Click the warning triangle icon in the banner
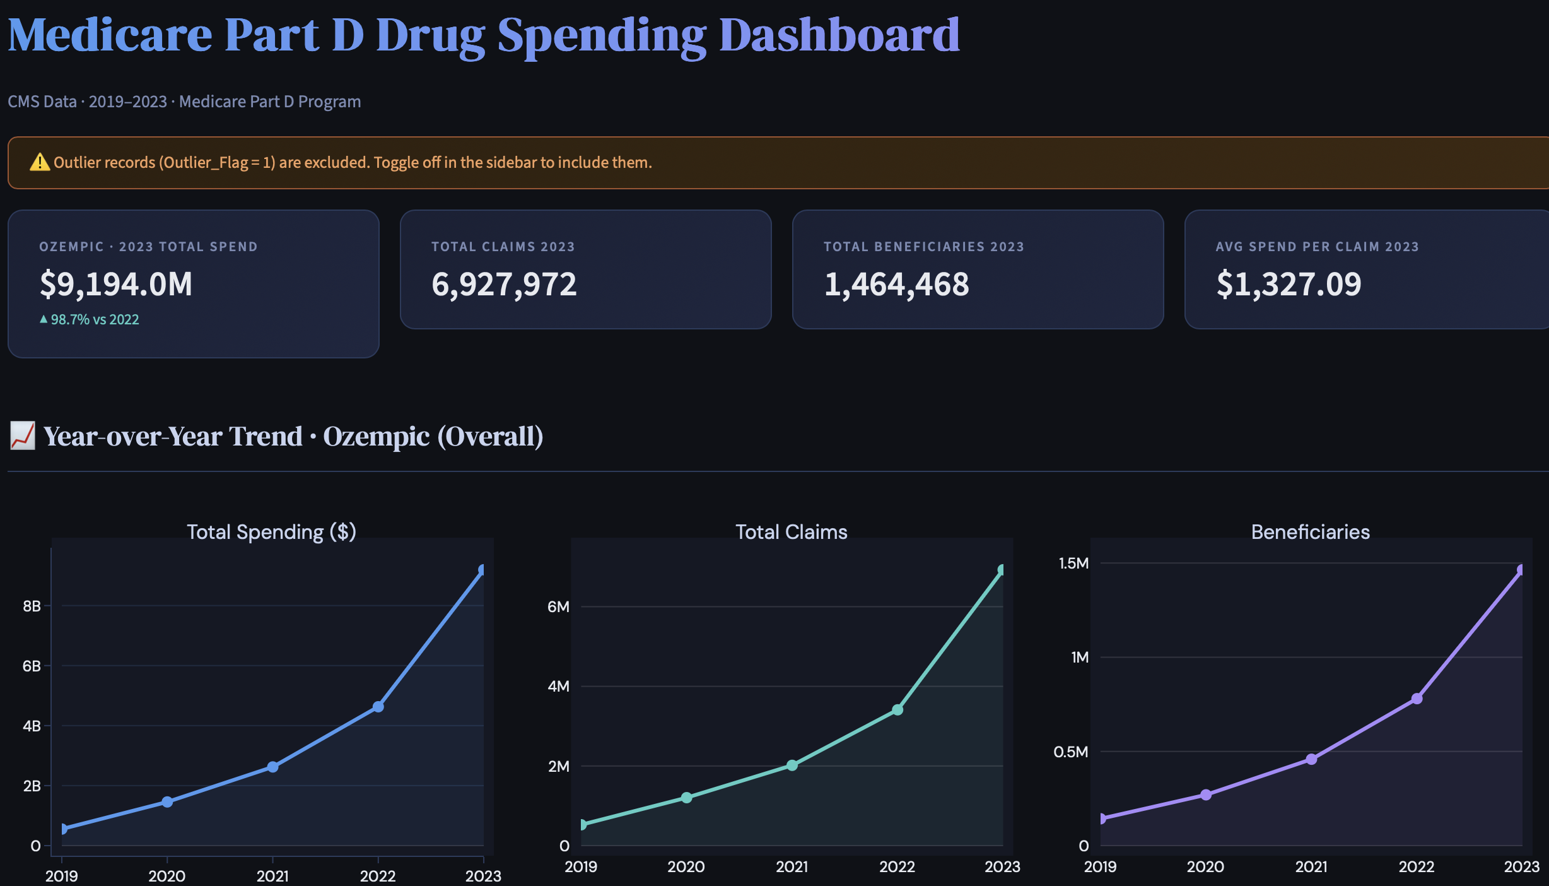point(39,162)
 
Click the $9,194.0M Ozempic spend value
point(116,284)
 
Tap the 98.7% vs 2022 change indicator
point(89,319)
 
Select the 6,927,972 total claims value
point(503,284)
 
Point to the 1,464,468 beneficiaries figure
point(896,284)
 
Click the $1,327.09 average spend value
point(1288,284)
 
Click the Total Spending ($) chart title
point(271,532)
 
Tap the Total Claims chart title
point(791,532)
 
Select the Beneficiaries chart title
point(1310,532)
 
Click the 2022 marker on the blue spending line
point(378,707)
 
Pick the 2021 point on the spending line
point(272,767)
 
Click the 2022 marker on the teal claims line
point(897,710)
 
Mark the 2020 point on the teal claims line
point(686,798)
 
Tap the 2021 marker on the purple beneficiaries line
point(1311,759)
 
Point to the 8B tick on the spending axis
point(32,606)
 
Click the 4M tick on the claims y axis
point(558,687)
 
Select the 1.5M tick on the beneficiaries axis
point(1073,563)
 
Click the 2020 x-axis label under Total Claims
point(686,866)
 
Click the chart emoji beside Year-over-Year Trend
point(22,436)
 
